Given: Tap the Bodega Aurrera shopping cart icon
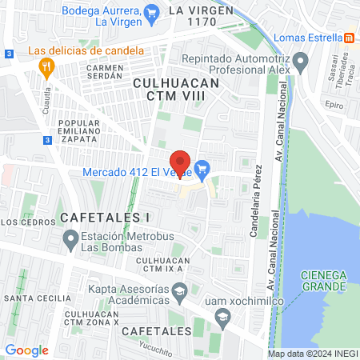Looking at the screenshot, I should pyautogui.click(x=154, y=11).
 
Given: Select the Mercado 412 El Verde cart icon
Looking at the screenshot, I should pyautogui.click(x=202, y=169).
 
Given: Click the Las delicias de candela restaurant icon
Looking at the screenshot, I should pyautogui.click(x=46, y=66).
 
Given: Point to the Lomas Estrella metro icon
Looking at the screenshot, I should pyautogui.click(x=349, y=38).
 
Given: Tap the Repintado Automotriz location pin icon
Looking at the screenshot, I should pyautogui.click(x=301, y=60).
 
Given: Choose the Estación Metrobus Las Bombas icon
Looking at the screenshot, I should pyautogui.click(x=71, y=238).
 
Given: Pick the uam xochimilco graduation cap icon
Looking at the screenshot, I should pyautogui.click(x=220, y=317).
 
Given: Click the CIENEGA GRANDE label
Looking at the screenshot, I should pyautogui.click(x=323, y=280).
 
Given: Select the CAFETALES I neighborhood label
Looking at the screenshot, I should pyautogui.click(x=105, y=217).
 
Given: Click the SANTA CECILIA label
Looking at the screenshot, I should pyautogui.click(x=34, y=298).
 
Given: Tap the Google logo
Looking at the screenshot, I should pyautogui.click(x=26, y=350).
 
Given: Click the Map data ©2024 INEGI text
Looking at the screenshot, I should pyautogui.click(x=311, y=354).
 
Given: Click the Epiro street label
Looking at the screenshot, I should pyautogui.click(x=334, y=105).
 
